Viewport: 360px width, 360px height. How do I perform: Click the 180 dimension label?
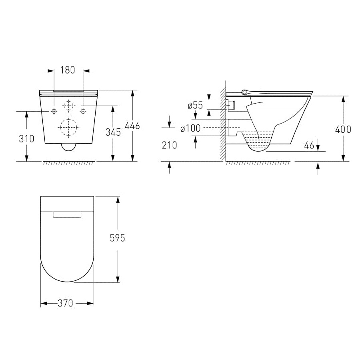click(68, 70)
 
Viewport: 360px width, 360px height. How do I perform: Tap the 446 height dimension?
click(132, 126)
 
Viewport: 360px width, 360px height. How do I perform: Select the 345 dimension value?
click(113, 132)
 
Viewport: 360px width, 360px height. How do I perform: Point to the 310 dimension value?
click(26, 139)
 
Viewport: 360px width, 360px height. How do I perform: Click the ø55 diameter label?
click(195, 105)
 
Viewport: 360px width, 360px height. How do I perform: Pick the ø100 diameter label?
click(190, 128)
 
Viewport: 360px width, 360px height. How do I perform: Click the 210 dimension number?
click(170, 145)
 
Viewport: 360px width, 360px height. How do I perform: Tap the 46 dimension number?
click(309, 145)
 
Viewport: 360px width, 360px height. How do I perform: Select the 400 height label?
click(343, 130)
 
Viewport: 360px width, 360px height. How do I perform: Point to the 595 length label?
click(117, 238)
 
